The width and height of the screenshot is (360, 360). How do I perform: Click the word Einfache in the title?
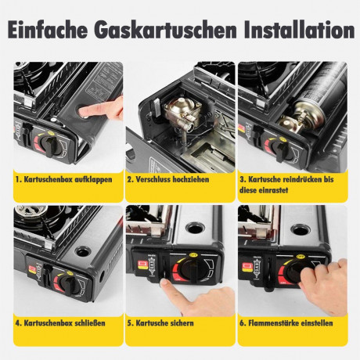point(48,29)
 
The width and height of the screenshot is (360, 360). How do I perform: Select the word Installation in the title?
point(299,29)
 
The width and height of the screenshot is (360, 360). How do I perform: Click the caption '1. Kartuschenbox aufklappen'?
point(64,179)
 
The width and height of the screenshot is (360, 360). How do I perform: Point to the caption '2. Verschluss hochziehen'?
point(168,179)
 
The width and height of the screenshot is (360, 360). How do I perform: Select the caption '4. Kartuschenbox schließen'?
point(60,323)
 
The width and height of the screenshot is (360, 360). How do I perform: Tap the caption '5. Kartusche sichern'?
point(160,323)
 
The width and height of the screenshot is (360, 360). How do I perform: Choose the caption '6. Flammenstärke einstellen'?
point(286,323)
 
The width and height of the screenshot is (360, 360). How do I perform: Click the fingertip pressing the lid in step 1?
point(85,112)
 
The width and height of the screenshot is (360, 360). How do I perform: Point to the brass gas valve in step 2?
point(182,113)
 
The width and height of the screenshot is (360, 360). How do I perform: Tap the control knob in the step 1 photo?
point(49,146)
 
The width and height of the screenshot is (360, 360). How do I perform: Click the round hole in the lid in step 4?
point(83,251)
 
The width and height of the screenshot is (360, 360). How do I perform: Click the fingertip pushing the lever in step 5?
point(165,283)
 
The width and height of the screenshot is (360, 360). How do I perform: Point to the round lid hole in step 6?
point(301,229)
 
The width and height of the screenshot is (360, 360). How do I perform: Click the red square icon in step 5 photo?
point(142,265)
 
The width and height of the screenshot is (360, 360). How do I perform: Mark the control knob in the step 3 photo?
point(279,149)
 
